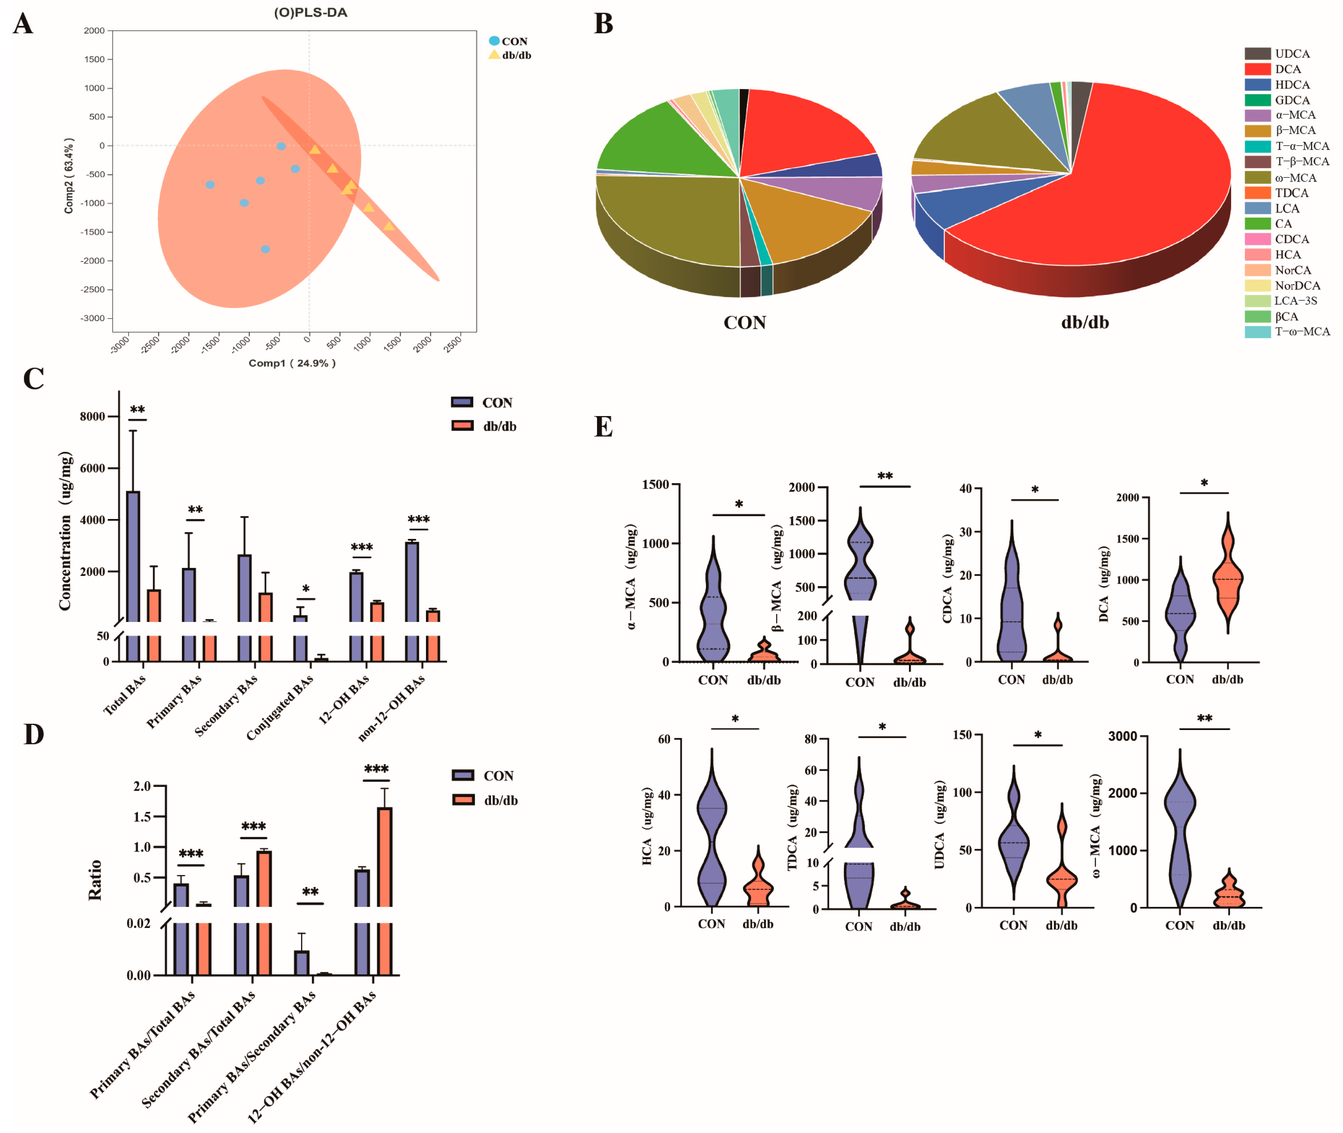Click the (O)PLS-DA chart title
click(310, 13)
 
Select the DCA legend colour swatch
click(1257, 69)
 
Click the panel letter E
click(603, 427)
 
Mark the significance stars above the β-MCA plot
click(885, 476)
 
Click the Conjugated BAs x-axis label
click(281, 706)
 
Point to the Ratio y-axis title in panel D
click(95, 880)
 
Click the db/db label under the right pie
click(1085, 322)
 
